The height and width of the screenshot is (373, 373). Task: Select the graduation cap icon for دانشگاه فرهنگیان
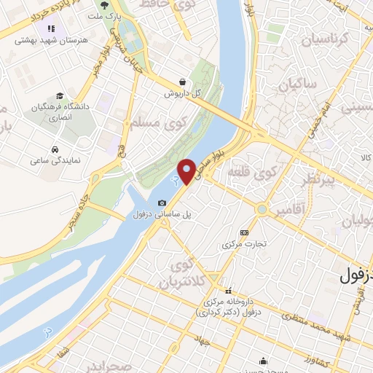(x=59, y=95)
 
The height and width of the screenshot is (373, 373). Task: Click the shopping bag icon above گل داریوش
(x=181, y=82)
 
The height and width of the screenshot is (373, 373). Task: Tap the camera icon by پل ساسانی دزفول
(x=162, y=202)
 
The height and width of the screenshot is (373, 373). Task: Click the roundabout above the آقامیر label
(x=261, y=211)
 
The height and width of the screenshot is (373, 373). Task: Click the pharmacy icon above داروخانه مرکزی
(x=228, y=289)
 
